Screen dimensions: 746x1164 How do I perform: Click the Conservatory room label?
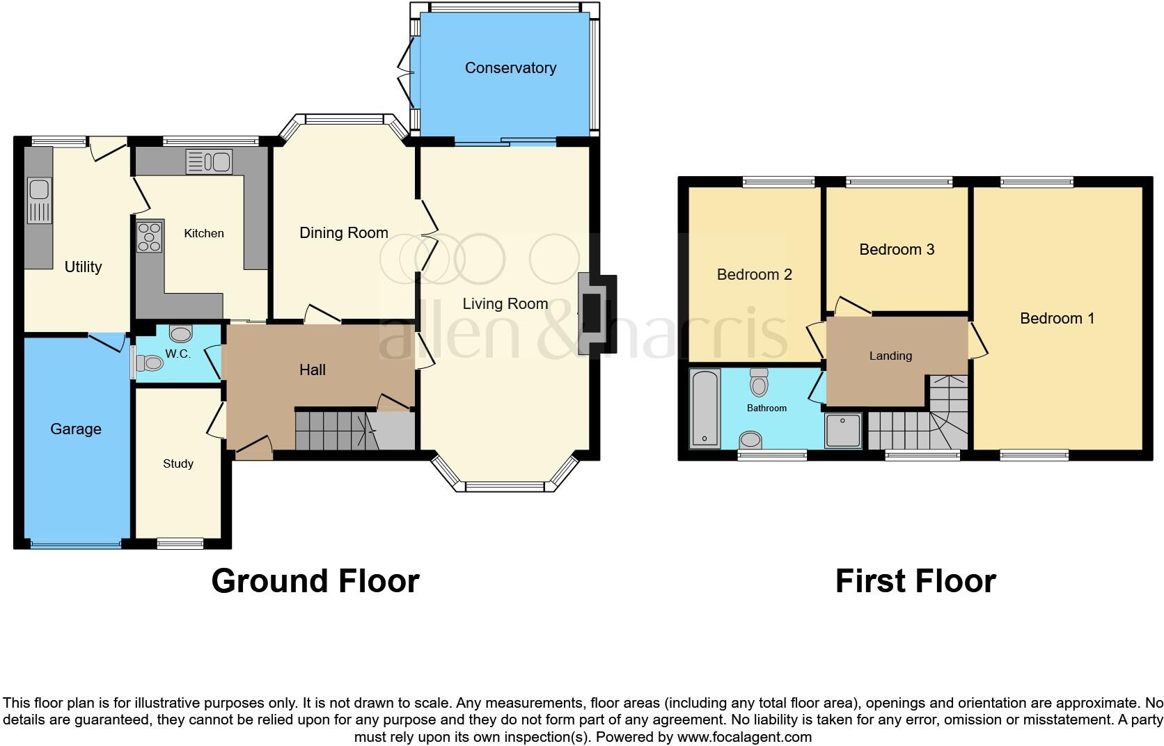pos(510,68)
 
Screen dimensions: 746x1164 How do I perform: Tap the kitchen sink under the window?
pos(209,162)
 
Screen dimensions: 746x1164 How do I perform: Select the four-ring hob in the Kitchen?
pos(150,237)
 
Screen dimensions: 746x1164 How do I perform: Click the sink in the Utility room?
pos(40,200)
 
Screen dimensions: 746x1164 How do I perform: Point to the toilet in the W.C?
pos(148,363)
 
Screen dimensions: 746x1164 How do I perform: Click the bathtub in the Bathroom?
pos(705,408)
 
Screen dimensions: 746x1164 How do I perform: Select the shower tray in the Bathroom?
pos(843,431)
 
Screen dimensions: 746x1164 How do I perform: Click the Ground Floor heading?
pos(315,581)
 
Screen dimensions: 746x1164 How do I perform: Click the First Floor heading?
pos(915,581)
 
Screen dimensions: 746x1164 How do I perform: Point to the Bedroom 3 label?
pos(896,250)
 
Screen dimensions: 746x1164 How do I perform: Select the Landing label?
pos(890,356)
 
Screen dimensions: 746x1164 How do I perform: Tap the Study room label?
pos(178,464)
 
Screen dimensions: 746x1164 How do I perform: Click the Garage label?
pos(76,429)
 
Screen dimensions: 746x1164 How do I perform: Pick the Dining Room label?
pos(343,233)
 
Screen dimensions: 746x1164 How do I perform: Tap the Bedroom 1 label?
pos(1057,319)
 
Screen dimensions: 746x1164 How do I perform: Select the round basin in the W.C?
pos(180,334)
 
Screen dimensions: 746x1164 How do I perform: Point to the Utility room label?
pos(83,267)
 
